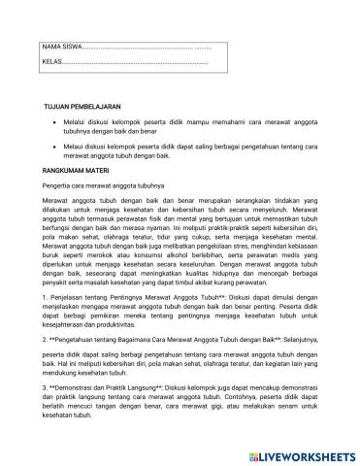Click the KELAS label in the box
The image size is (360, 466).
tap(51, 62)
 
